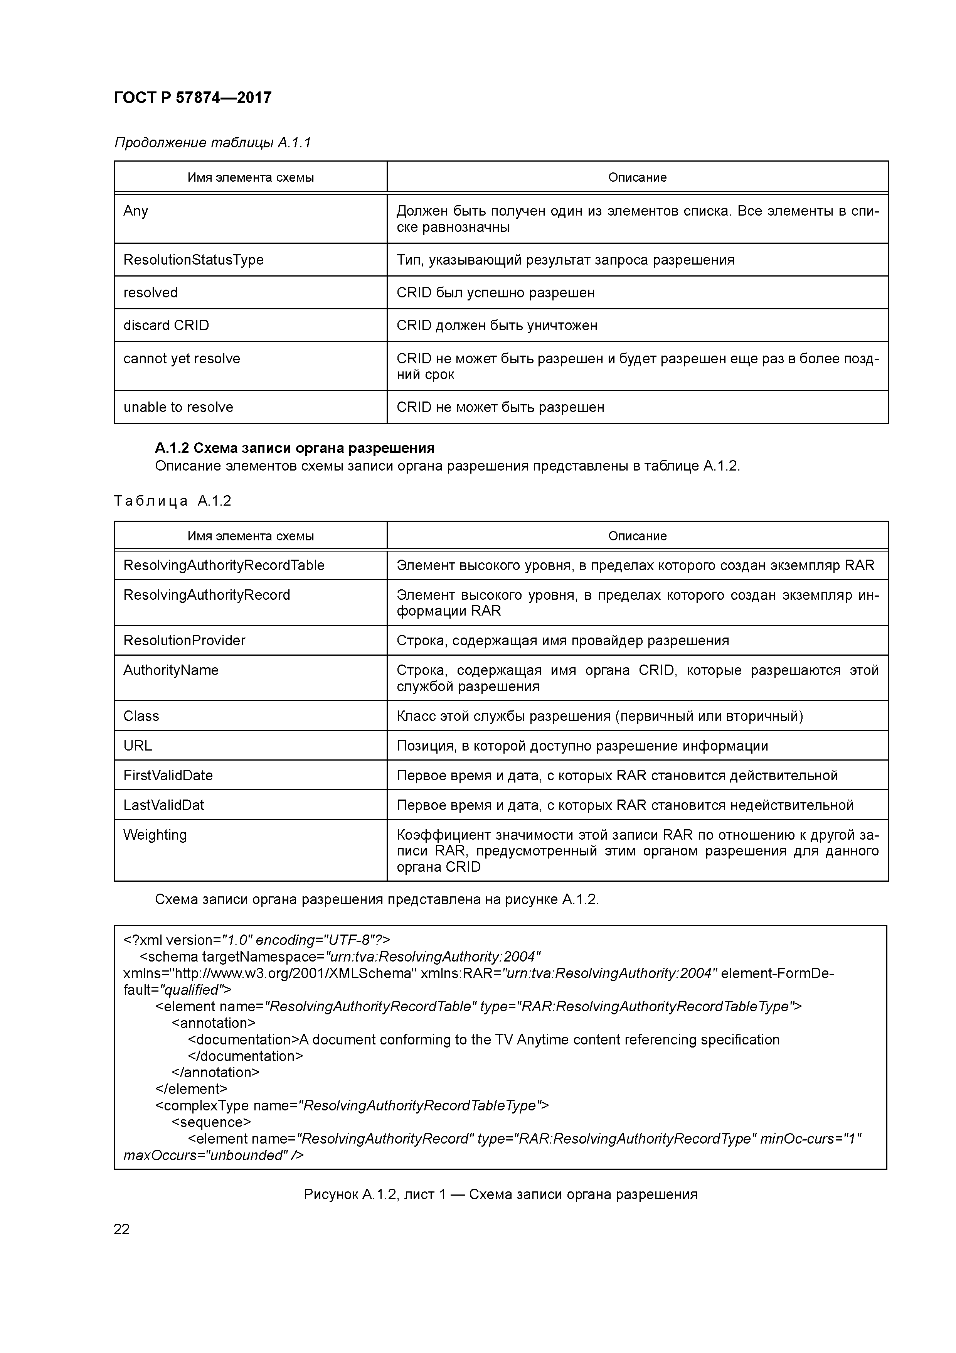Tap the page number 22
click(121, 1229)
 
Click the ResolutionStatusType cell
click(193, 260)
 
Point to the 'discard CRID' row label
click(166, 325)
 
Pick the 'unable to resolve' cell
click(178, 407)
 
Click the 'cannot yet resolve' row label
click(182, 358)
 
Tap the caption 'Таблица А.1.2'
click(172, 501)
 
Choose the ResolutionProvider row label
click(184, 641)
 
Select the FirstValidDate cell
click(168, 776)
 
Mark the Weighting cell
click(155, 835)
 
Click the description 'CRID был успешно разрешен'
click(495, 293)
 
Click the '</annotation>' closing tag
click(215, 1073)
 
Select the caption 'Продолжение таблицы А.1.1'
click(212, 143)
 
